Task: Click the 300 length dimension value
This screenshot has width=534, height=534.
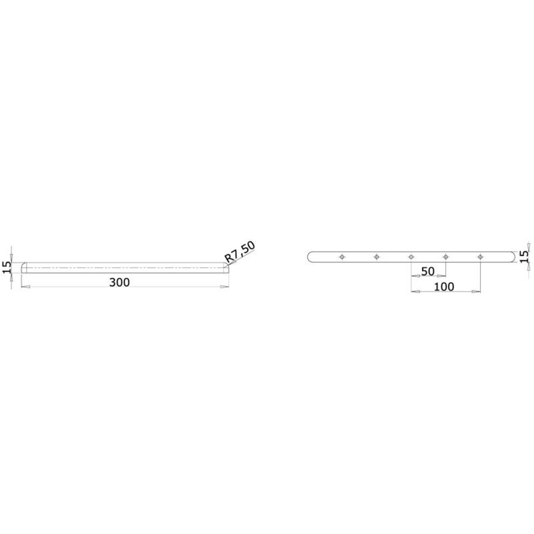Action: pos(119,282)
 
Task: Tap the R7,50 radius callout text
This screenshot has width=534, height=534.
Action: pos(240,252)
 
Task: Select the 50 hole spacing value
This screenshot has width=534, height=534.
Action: pos(428,271)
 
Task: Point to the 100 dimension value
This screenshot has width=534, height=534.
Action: pos(444,287)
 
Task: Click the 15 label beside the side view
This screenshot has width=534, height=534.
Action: pos(7,267)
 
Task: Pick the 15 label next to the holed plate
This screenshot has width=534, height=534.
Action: pos(524,256)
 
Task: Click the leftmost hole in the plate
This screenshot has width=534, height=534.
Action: pos(342,257)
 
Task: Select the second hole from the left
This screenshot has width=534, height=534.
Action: pos(377,257)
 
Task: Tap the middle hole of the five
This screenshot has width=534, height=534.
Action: pos(411,257)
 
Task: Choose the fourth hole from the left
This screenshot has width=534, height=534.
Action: pos(446,257)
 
